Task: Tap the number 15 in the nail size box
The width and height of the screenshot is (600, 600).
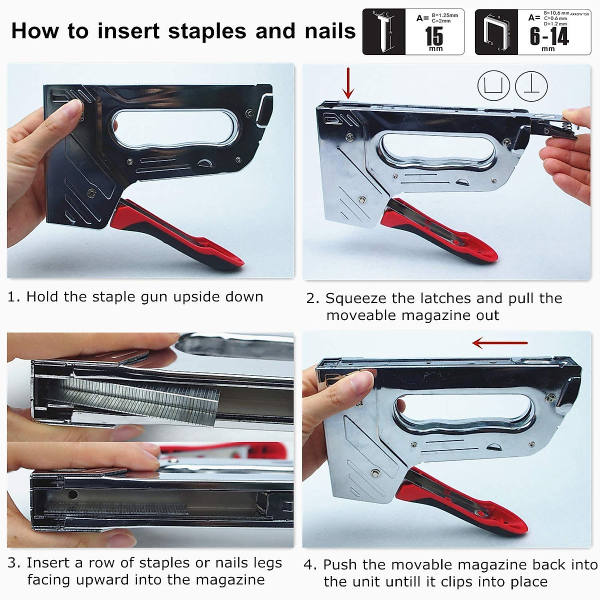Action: (434, 36)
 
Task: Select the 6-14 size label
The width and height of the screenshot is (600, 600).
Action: (549, 36)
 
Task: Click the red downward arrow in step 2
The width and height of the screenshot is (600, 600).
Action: (348, 84)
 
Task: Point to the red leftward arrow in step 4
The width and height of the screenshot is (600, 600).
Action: (499, 343)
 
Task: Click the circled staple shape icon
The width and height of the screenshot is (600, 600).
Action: (493, 85)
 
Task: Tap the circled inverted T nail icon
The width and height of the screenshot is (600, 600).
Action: (531, 85)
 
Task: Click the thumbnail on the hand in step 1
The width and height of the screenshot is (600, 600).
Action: (75, 107)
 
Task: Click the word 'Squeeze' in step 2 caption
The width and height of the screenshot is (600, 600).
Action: (356, 298)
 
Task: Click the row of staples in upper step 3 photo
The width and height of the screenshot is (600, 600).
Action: (145, 397)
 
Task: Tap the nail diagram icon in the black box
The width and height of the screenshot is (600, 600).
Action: (383, 32)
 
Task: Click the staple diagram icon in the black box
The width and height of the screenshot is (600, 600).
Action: (495, 32)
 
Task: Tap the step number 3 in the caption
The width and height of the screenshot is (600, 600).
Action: (13, 563)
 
